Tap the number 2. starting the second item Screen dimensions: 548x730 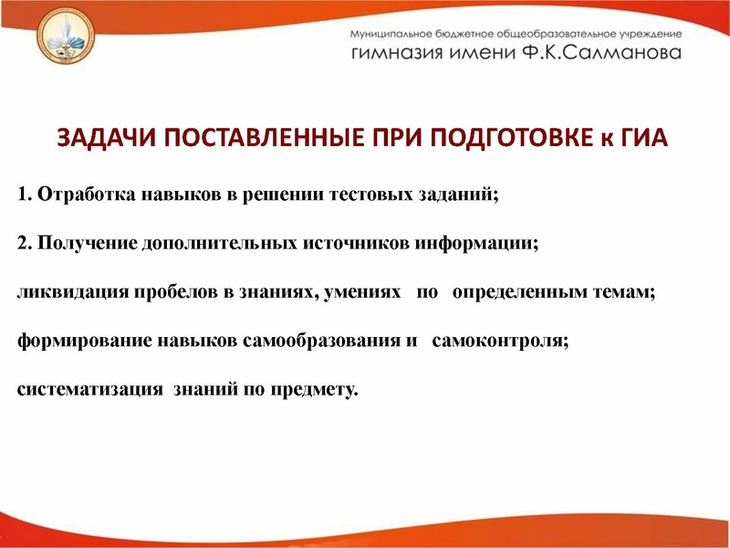pyautogui.click(x=24, y=244)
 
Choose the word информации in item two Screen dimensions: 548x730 pyautogui.click(x=481, y=244)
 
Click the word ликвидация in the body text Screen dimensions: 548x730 pyautogui.click(x=60, y=292)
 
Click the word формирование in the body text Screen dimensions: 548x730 pyautogui.click(x=71, y=342)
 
